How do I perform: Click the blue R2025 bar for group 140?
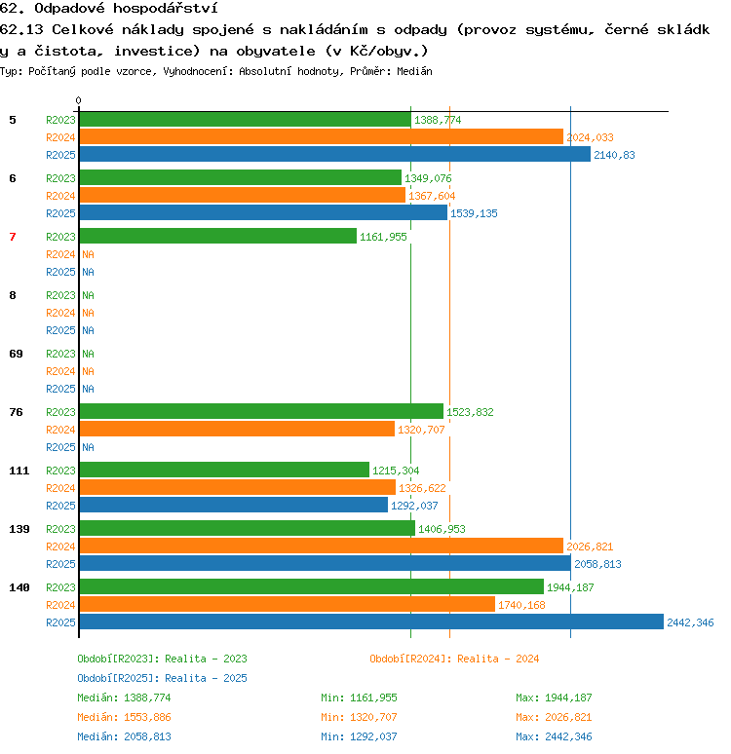tap(371, 622)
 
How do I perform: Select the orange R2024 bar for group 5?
tap(322, 136)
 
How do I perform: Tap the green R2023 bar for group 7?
tap(218, 236)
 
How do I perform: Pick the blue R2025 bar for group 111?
tap(233, 505)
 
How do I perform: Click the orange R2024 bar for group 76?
tap(237, 429)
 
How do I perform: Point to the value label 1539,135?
tap(474, 213)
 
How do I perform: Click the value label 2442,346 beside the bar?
tap(690, 622)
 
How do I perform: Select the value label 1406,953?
tap(442, 529)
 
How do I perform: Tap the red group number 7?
tap(13, 237)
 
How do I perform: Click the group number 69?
tap(16, 354)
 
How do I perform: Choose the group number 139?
tap(19, 529)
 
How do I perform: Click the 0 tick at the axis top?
tap(78, 100)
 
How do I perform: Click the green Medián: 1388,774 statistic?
tap(124, 697)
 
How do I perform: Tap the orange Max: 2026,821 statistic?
tap(554, 717)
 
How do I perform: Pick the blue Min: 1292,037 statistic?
tap(359, 736)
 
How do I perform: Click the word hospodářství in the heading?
tap(166, 8)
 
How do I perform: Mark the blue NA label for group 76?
tap(88, 447)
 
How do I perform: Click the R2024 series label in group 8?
tap(60, 313)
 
